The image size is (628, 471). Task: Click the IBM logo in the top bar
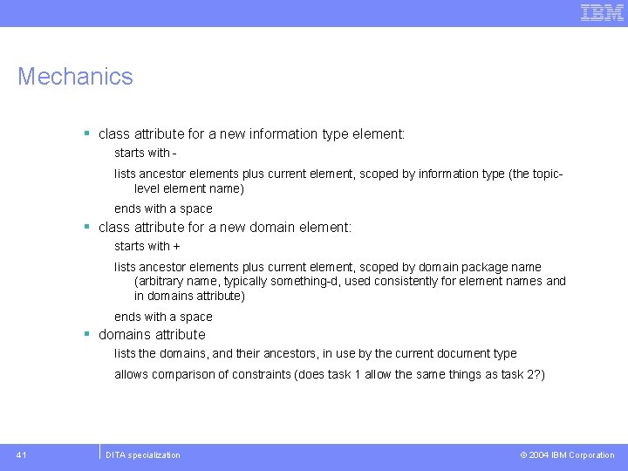(x=602, y=12)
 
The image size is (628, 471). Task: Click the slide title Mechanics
(x=75, y=77)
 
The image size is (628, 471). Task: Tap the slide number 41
(x=22, y=454)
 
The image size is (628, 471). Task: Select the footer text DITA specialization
(x=142, y=454)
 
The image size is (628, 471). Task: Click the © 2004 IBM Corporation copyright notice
(x=567, y=454)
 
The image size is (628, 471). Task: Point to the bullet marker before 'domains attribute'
(x=87, y=334)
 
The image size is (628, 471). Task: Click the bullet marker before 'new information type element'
(x=87, y=133)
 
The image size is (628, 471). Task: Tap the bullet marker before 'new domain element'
(x=87, y=227)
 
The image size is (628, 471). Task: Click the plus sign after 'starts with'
(x=177, y=247)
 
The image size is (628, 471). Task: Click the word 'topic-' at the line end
(x=546, y=174)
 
